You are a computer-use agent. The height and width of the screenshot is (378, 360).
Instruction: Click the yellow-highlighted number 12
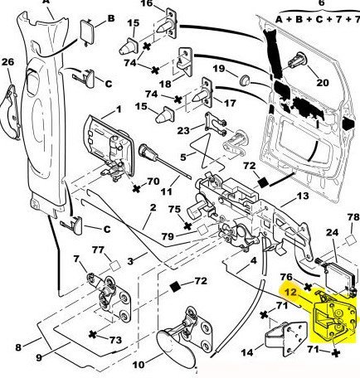(x=291, y=292)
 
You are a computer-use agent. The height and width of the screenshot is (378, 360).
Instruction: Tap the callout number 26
(x=7, y=62)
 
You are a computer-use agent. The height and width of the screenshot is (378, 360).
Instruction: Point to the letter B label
(x=111, y=18)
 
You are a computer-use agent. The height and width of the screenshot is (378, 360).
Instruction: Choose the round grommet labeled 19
(x=244, y=81)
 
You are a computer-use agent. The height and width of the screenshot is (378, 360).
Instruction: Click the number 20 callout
(x=322, y=82)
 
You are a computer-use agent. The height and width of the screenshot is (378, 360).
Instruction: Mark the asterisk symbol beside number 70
(x=136, y=189)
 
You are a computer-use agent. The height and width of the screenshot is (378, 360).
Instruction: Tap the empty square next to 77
(x=115, y=265)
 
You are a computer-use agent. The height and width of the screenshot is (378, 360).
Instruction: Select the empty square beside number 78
(x=351, y=240)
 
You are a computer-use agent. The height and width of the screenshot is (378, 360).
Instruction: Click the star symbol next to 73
(x=93, y=335)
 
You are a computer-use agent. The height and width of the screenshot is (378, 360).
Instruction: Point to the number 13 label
(x=303, y=196)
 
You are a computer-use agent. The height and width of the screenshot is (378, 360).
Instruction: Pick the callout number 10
(x=139, y=365)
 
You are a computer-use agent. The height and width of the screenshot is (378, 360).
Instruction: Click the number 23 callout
(x=183, y=130)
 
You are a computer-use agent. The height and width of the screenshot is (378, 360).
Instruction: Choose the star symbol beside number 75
(x=187, y=225)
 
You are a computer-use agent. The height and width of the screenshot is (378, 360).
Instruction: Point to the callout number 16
(x=147, y=3)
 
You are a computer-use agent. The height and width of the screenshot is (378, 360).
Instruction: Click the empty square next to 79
(x=203, y=230)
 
